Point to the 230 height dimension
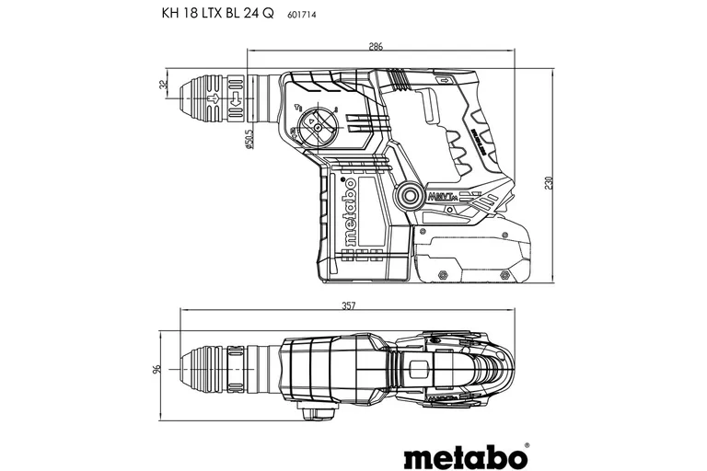[550, 182]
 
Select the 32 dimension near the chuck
[164, 86]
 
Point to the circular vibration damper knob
[405, 197]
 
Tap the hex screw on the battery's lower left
[442, 273]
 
